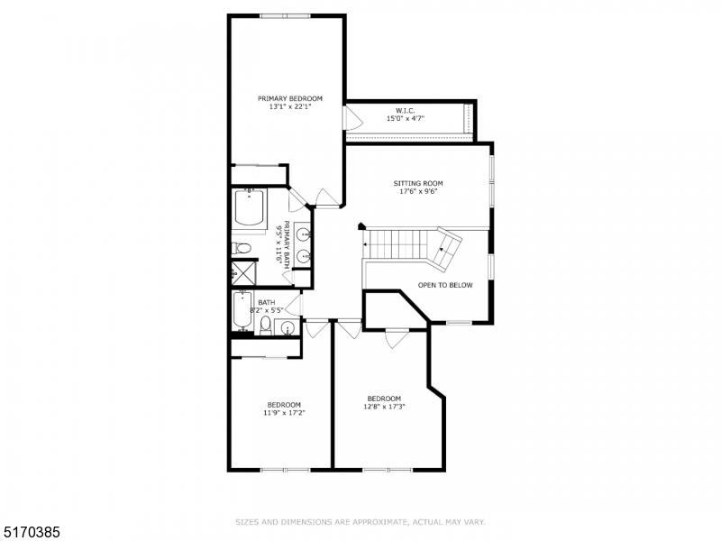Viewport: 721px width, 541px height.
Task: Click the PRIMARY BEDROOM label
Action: [289, 98]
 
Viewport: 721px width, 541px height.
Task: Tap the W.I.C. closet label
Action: [405, 109]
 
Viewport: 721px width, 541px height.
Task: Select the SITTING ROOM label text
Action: [417, 183]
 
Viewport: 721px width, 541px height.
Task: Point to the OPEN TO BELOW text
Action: [445, 285]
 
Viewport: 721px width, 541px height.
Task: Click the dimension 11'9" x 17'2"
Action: [283, 413]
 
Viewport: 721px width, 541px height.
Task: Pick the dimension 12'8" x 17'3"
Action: [383, 407]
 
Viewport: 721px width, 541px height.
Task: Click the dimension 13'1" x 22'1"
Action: [289, 107]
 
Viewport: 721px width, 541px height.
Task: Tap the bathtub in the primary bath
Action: [249, 210]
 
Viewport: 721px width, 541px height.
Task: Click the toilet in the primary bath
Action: [242, 249]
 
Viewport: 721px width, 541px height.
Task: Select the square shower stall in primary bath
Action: [242, 271]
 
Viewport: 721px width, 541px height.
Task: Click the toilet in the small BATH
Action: [265, 325]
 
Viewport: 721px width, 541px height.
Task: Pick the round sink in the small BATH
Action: [287, 327]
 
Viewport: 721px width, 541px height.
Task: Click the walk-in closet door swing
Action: [351, 118]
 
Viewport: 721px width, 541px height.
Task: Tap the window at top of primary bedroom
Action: [286, 15]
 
